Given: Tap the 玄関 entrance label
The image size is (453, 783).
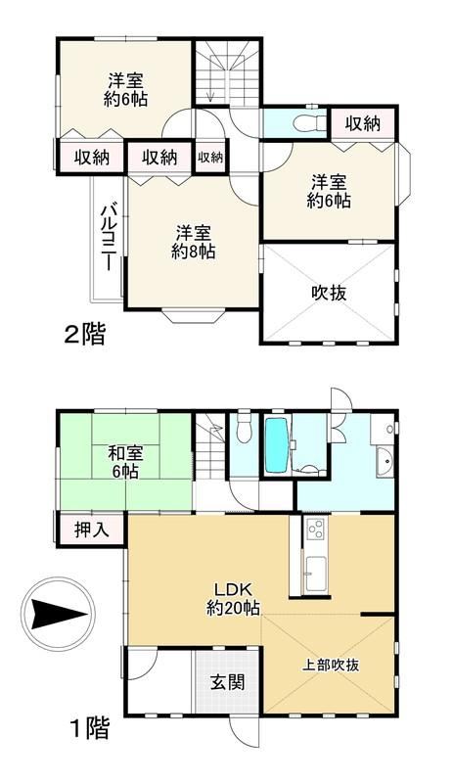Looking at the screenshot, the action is click(227, 681).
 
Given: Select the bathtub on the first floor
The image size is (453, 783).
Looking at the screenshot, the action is click(276, 444).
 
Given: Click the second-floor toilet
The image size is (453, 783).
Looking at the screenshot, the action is click(306, 123).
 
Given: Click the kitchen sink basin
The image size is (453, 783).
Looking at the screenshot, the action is click(316, 573).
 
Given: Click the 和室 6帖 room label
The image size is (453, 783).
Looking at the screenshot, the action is click(126, 462).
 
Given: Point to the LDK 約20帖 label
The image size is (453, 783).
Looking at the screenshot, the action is click(233, 598).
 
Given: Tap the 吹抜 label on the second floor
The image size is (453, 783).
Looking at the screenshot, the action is click(329, 293).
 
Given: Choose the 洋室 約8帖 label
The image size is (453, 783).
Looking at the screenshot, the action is click(194, 242).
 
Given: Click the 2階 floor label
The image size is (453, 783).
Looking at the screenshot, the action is click(85, 334).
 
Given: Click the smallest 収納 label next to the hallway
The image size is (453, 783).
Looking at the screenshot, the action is click(210, 157).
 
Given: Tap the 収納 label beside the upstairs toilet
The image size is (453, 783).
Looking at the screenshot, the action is click(363, 123).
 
